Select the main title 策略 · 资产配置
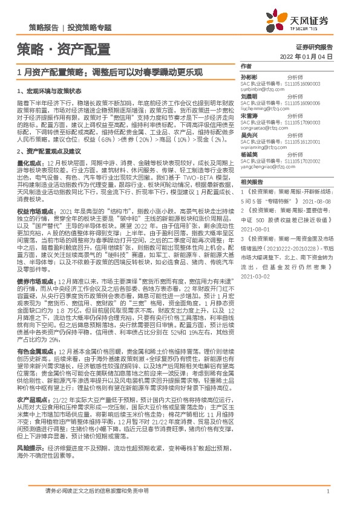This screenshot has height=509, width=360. tap(63, 48)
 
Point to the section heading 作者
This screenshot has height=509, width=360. tap(246, 66)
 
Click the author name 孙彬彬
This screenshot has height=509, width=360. tap(249, 77)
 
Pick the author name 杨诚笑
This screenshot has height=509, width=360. tap(249, 154)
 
